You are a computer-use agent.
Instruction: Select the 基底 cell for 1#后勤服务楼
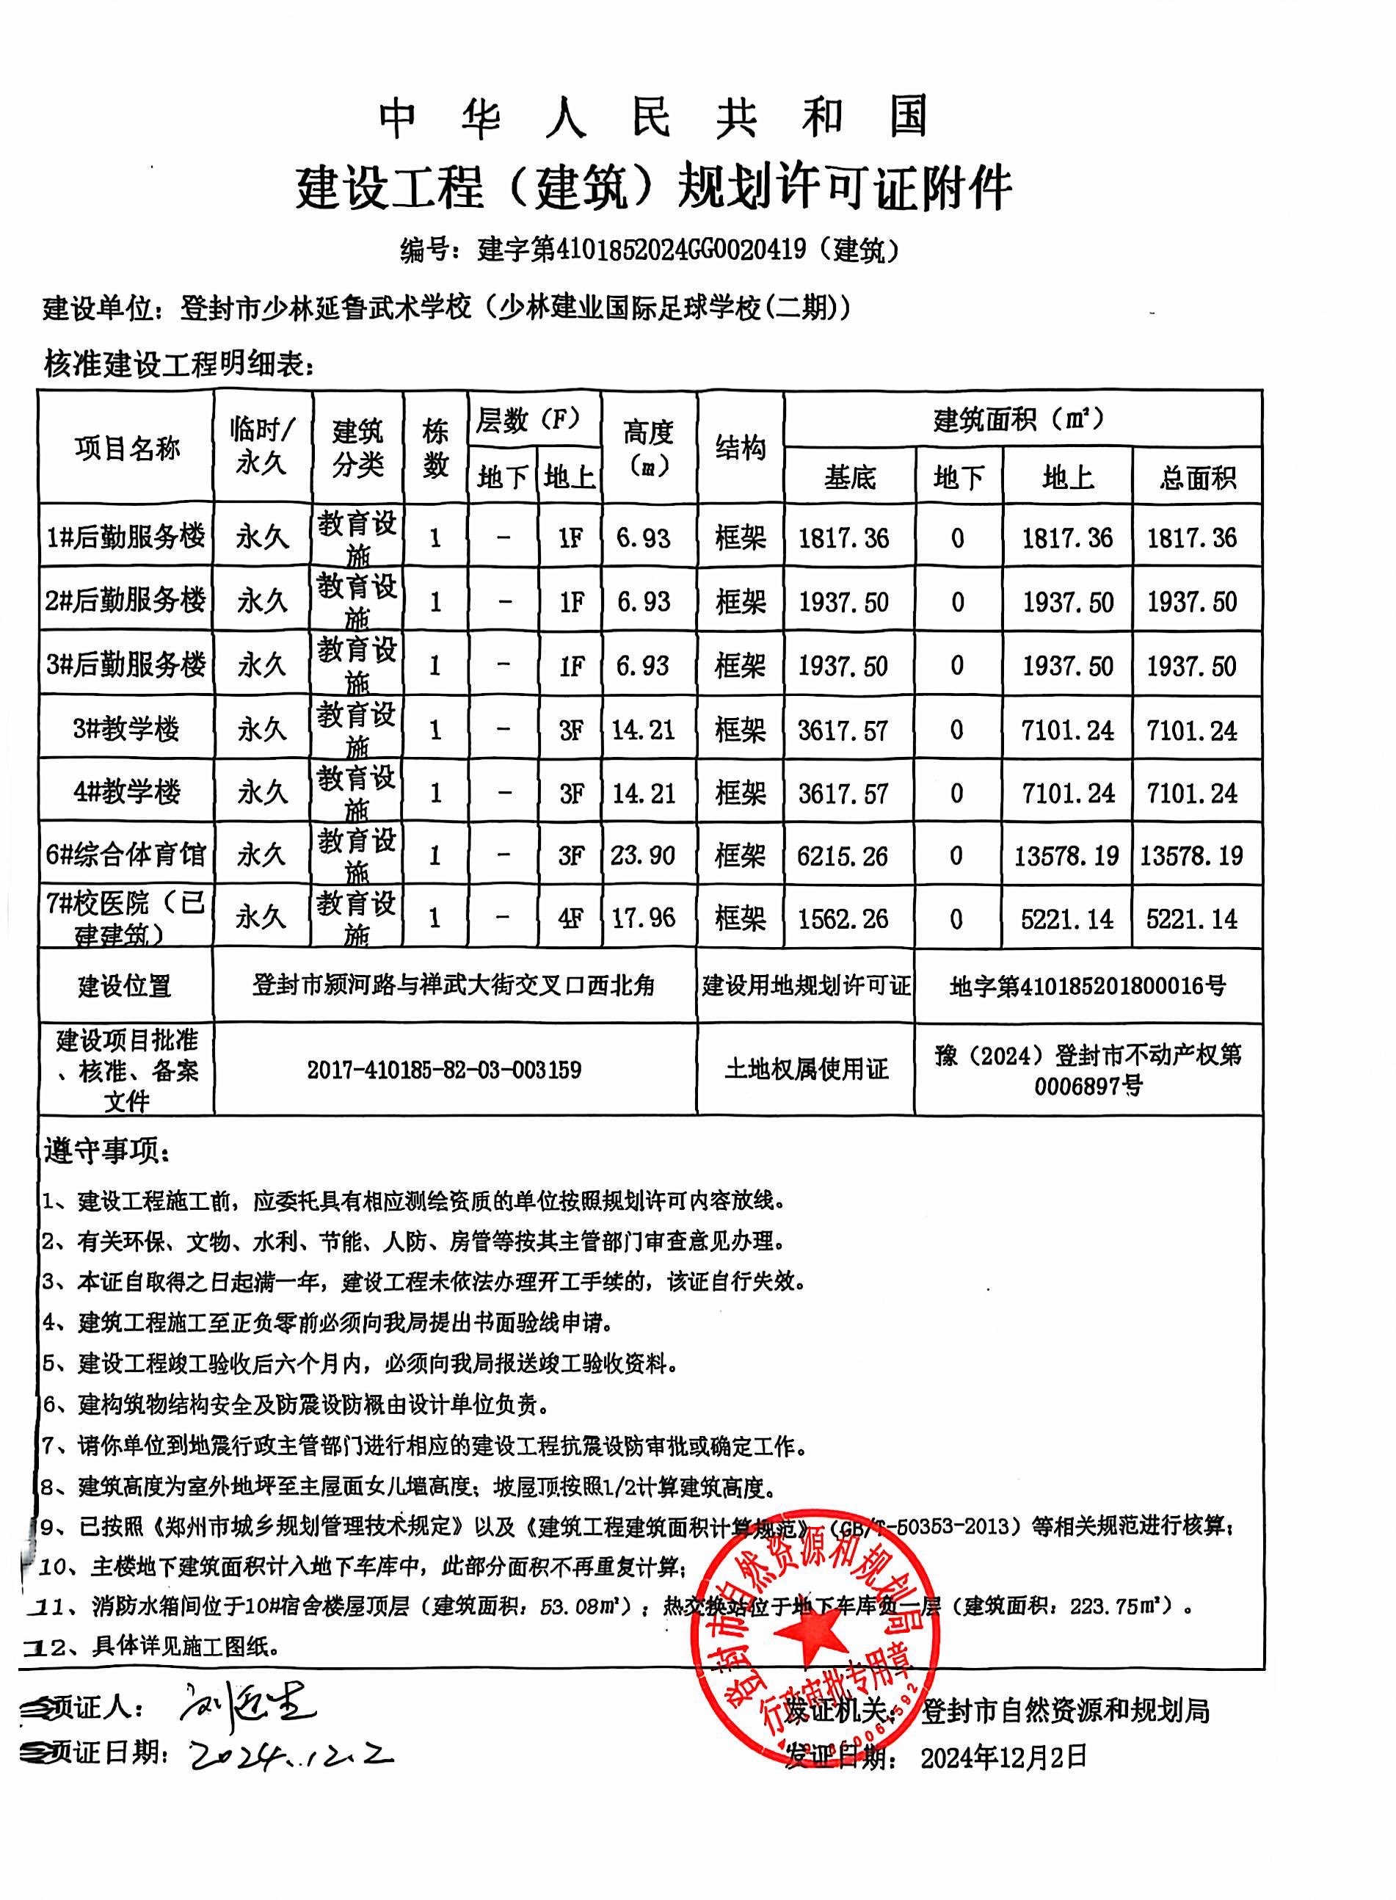pyautogui.click(x=843, y=537)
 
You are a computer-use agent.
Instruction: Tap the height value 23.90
pyautogui.click(x=643, y=855)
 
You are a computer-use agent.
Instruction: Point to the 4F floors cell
pyautogui.click(x=571, y=918)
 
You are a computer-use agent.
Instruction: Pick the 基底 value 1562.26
pyautogui.click(x=843, y=918)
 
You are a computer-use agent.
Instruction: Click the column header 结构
pyautogui.click(x=741, y=448)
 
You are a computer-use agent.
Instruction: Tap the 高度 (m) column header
pyautogui.click(x=648, y=448)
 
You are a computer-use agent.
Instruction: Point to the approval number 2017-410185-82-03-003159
pyautogui.click(x=443, y=1070)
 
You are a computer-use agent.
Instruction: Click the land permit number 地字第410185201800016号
pyautogui.click(x=1088, y=985)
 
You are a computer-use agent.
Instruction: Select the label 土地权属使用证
pyautogui.click(x=806, y=1070)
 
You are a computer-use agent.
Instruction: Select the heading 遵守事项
pyautogui.click(x=106, y=1151)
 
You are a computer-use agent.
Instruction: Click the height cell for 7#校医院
pyautogui.click(x=643, y=918)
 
